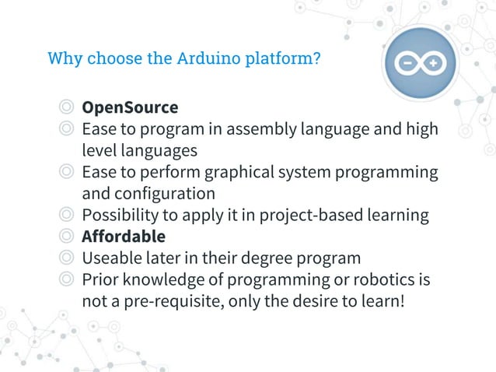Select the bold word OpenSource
point(130,107)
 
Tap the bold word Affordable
point(124,236)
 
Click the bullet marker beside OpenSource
point(67,107)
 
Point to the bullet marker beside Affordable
point(67,236)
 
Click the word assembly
point(253,128)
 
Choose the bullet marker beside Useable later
point(67,257)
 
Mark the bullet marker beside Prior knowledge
point(67,279)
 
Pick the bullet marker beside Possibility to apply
point(67,214)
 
